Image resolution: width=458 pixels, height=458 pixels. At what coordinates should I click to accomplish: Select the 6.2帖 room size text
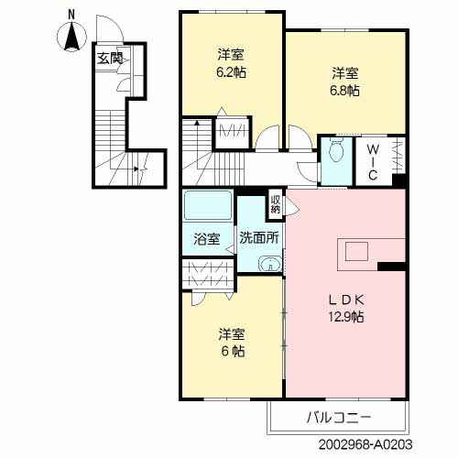[x=231, y=71]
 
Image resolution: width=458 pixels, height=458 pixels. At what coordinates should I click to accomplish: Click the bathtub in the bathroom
[x=207, y=206]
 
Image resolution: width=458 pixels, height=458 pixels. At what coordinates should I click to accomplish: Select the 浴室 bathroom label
[x=206, y=240]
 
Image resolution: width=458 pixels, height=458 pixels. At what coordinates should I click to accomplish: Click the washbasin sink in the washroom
[x=267, y=267]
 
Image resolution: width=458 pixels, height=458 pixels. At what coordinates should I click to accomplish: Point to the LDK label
[x=345, y=300]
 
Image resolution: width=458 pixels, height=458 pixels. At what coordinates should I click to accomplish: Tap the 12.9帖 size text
[x=346, y=318]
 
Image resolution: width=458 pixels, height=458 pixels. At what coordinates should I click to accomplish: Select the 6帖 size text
[x=231, y=351]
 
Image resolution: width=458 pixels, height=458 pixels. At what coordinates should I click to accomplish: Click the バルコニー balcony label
[x=339, y=418]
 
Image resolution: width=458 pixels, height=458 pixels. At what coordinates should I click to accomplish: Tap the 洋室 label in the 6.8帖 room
[x=345, y=71]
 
